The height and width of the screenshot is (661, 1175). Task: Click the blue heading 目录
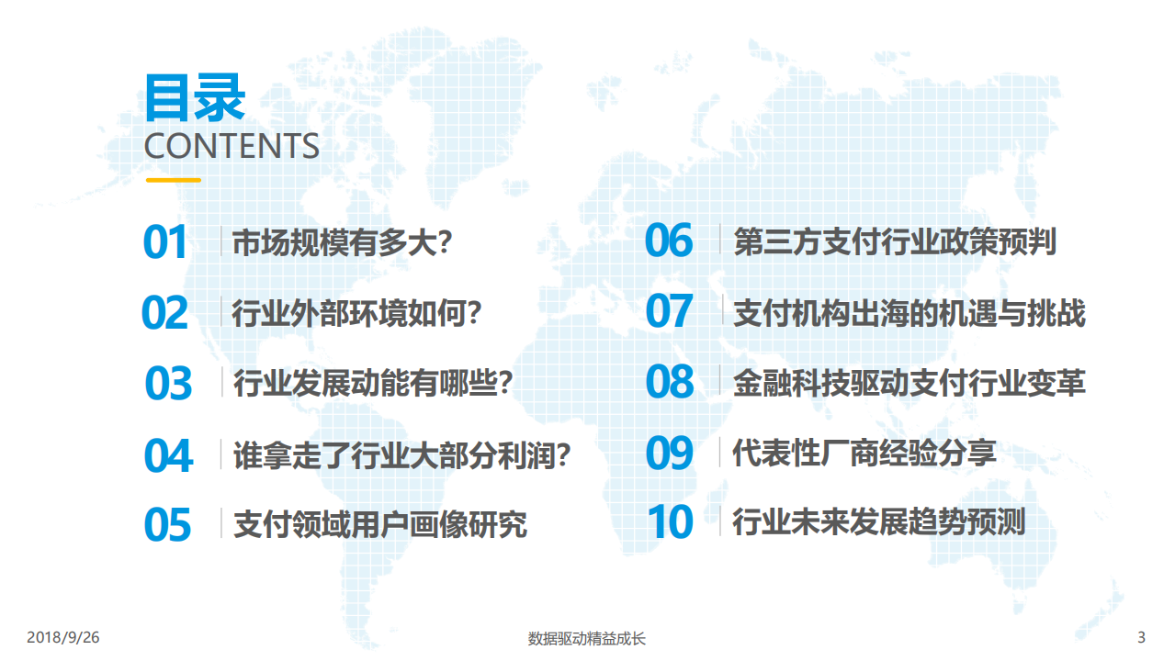[x=195, y=97]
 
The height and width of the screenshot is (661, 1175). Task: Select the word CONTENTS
[x=232, y=147]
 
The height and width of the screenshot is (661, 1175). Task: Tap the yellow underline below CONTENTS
[x=173, y=180]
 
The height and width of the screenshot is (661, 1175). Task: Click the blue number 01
[x=165, y=242]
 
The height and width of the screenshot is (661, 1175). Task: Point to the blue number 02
[x=165, y=313]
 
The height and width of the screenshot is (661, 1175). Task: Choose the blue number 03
[x=168, y=384]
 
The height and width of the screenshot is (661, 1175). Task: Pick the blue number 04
[x=168, y=455]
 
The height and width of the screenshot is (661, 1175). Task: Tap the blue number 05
[x=167, y=524]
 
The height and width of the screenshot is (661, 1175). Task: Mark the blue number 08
[x=669, y=382]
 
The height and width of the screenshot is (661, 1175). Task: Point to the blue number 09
[x=669, y=453]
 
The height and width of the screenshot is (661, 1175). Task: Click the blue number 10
[x=670, y=522]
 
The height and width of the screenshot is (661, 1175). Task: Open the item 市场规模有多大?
[x=343, y=243]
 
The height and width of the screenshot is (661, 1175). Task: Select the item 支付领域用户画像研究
[x=380, y=524]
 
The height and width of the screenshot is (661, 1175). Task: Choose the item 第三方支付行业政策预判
[x=895, y=242]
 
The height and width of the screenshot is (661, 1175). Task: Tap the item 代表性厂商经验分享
[x=864, y=453]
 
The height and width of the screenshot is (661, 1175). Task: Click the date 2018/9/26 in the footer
[x=63, y=637]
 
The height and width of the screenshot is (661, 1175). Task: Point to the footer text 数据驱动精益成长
[x=587, y=638]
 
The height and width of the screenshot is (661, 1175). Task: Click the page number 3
[x=1141, y=637]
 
